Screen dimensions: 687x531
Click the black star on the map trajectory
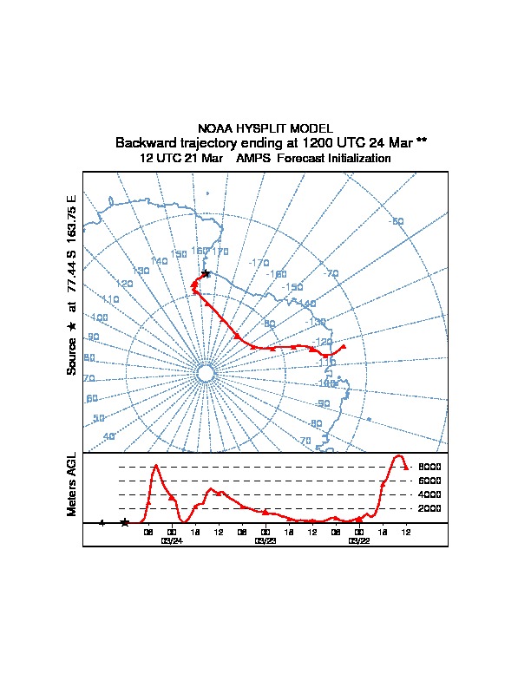click(x=206, y=273)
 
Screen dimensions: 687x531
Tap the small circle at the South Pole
click(x=206, y=373)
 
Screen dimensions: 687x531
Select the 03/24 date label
click(x=172, y=540)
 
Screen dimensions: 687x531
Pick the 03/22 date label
click(x=359, y=540)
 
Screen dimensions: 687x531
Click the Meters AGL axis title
click(x=73, y=485)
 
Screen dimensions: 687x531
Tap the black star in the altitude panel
click(x=125, y=523)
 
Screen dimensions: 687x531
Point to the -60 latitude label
click(x=397, y=221)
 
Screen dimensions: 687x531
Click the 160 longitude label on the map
click(x=199, y=252)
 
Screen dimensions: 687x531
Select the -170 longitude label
click(x=258, y=262)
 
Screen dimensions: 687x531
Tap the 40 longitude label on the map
click(x=108, y=436)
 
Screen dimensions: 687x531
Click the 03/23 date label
click(x=265, y=540)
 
